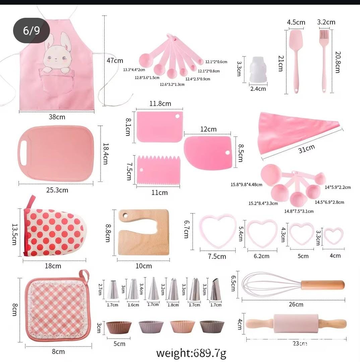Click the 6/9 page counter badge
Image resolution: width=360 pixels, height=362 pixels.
coord(32,31)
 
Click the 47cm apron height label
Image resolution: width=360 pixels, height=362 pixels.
coord(115,60)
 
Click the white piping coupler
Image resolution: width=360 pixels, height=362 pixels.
coord(258,70)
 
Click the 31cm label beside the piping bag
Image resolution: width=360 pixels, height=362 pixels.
coord(306,148)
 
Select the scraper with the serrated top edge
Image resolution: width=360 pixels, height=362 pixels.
coord(159,171)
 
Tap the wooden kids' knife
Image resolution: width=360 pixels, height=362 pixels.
coord(143,232)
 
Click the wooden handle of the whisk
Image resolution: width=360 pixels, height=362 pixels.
coord(323,285)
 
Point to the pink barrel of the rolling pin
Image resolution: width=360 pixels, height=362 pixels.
coord(296,323)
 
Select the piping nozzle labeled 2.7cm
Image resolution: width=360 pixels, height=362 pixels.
coord(113,290)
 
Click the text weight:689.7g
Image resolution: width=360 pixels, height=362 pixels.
coord(191,353)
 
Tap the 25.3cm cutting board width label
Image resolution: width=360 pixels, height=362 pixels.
coord(57,190)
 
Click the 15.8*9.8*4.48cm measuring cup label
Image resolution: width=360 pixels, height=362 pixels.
coord(246,185)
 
